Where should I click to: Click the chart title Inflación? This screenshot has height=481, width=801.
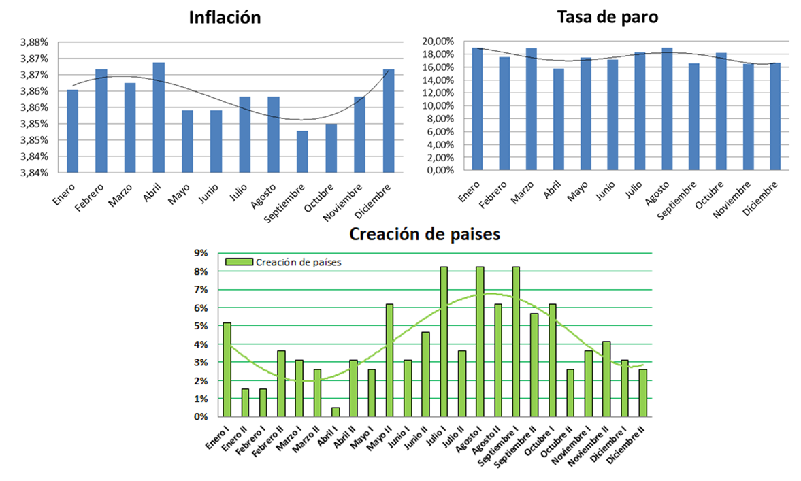224,18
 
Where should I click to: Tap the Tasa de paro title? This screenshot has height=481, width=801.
607,16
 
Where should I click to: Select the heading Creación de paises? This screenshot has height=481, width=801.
425,235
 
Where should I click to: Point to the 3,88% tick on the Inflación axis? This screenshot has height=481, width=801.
33,42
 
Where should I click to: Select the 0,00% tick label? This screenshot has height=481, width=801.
440,170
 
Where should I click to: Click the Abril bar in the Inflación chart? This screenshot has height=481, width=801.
159,117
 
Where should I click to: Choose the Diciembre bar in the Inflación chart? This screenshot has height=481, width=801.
389,120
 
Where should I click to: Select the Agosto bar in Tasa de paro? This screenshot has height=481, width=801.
667,109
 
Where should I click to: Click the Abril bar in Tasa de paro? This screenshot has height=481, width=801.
559,119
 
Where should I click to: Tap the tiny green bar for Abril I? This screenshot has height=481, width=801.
336,412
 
